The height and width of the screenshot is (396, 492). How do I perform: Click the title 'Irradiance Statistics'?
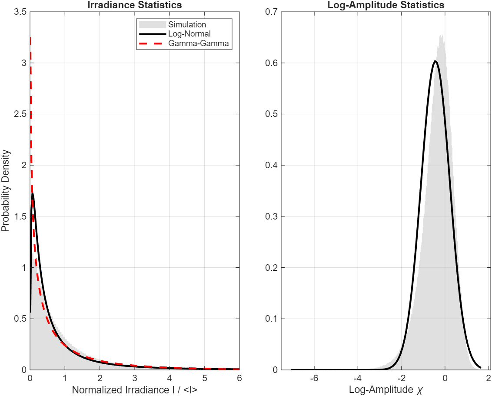coord(134,5)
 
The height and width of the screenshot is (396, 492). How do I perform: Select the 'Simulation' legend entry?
coord(187,25)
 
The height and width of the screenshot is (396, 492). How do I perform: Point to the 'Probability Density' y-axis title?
coord(6,191)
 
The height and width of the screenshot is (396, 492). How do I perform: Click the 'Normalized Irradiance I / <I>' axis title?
coord(134,390)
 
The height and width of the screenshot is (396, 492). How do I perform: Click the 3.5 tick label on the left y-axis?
coord(20,12)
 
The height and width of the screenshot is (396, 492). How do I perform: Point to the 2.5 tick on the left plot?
coord(20,114)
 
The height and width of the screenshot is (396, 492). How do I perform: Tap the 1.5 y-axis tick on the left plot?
coord(20,216)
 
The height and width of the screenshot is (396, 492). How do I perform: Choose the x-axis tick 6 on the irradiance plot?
coord(239,378)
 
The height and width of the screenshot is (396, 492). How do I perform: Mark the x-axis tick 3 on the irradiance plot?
coord(134,378)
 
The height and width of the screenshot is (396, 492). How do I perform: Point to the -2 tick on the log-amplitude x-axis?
coord(401,378)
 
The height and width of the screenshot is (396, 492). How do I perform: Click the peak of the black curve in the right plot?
coord(435,61)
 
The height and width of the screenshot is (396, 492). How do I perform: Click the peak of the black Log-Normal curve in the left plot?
coord(33,194)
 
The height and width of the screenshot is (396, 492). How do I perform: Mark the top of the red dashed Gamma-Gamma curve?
coord(30,38)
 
